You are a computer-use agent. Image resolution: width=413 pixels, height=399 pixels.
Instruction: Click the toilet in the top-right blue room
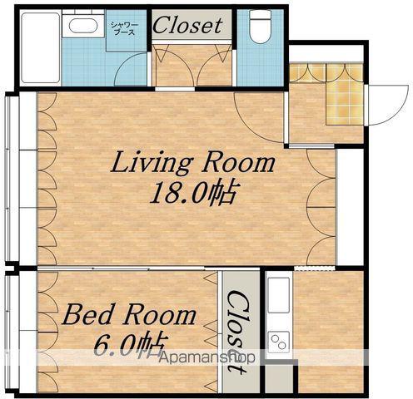260,27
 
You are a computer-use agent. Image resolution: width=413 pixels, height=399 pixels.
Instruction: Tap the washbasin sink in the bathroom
83,27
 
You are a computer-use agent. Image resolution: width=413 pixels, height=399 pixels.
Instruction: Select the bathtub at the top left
41,47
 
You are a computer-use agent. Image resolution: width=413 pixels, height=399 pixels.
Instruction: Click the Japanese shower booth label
122,28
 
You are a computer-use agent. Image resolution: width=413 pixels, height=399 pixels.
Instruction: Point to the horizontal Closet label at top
187,25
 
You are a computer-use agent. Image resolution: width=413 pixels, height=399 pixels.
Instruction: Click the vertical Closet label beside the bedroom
236,332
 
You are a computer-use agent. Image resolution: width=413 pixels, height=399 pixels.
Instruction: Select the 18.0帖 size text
193,193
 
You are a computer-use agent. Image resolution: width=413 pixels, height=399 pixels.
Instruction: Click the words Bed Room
129,316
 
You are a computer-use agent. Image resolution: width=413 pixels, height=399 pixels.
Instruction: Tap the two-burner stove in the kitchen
278,342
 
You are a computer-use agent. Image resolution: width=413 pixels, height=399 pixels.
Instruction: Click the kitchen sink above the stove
278,295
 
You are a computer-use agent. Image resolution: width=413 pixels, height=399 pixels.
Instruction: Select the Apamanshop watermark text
207,357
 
